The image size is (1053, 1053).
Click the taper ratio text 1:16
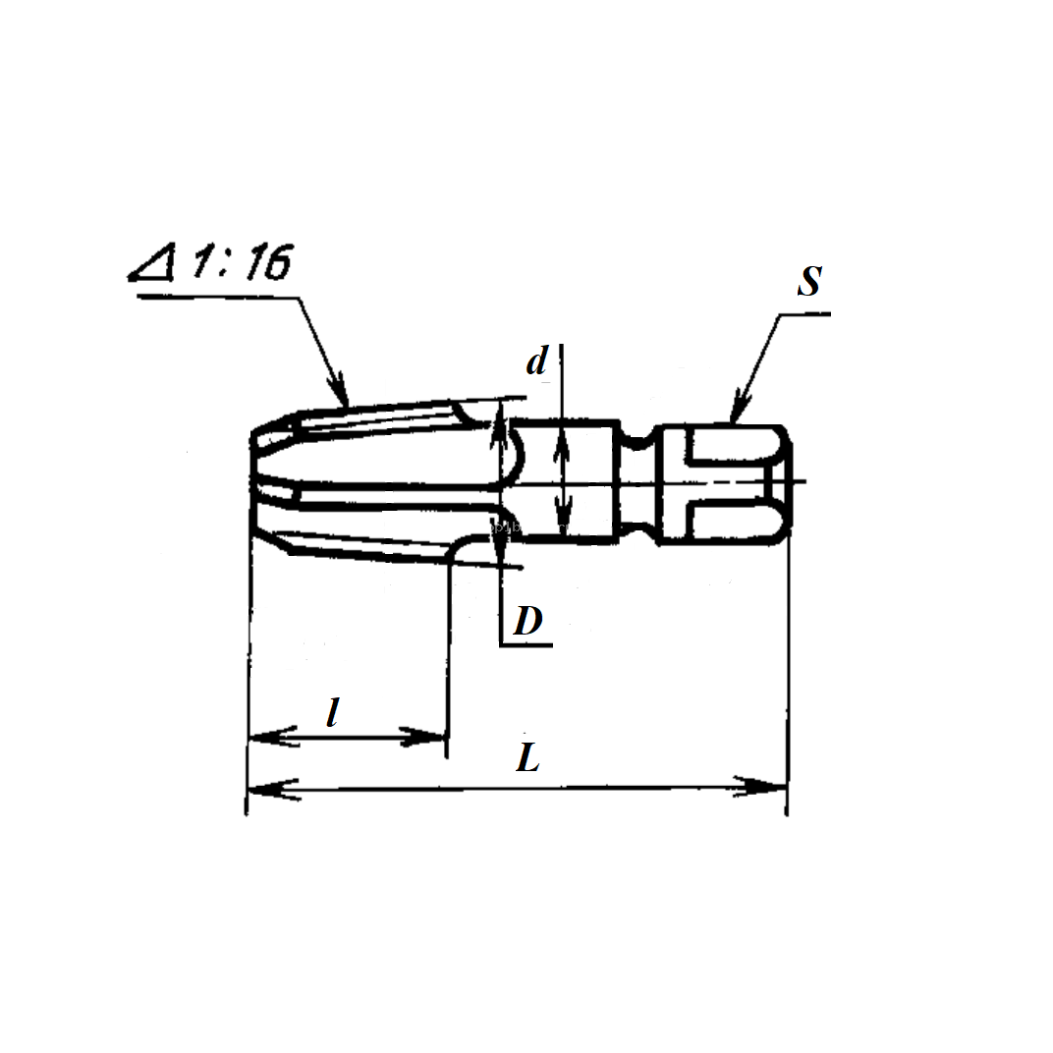click(x=242, y=261)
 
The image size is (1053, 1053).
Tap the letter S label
click(x=810, y=281)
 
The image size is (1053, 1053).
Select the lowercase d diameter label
click(x=536, y=360)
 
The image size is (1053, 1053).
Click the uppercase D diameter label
click(x=527, y=621)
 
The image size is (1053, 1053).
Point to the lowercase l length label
click(x=332, y=712)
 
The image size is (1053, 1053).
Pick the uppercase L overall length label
click(x=527, y=757)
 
